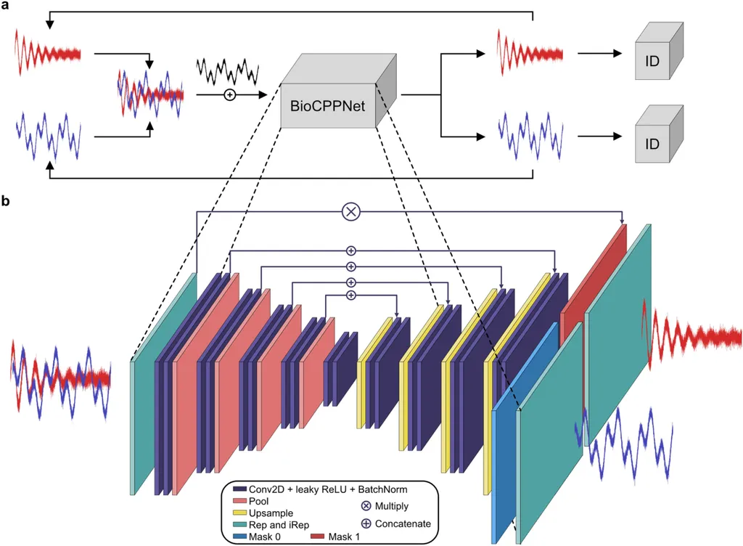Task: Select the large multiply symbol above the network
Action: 351,211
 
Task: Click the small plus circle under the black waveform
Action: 229,94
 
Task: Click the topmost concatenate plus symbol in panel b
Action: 351,251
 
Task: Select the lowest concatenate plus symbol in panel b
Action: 351,295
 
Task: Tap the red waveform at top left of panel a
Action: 47,53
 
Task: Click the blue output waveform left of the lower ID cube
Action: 530,134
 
